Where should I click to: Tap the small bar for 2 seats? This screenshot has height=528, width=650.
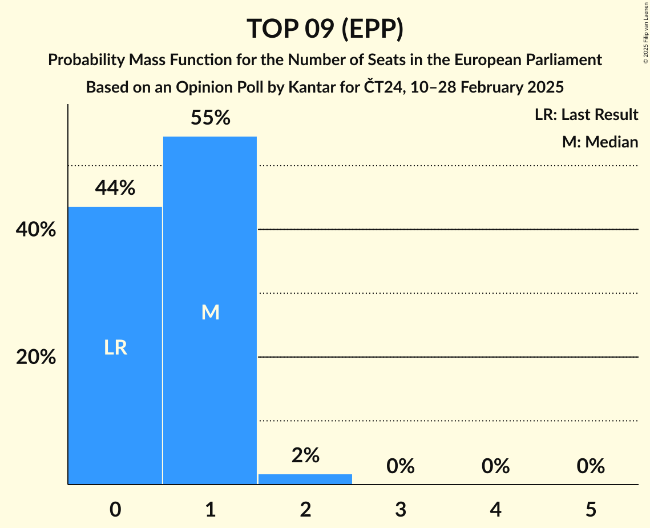pos(305,479)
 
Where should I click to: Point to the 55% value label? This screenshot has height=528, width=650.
pos(210,118)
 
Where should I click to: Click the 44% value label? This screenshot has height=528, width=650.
pos(115,188)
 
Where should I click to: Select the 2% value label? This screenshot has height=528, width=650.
pos(305,455)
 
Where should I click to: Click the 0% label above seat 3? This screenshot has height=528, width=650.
pos(400,466)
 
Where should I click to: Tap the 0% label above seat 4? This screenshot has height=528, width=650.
pos(495,466)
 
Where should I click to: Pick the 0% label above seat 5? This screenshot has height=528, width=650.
pos(590,466)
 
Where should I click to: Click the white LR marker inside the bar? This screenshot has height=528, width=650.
pos(115,347)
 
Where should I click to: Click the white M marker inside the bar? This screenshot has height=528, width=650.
pos(210,312)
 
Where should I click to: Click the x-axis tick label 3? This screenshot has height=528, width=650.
pos(400,509)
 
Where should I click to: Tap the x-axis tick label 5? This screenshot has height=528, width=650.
pos(590,509)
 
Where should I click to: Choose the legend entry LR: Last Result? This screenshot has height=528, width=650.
pos(586,115)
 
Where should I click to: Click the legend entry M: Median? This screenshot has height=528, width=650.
pos(600,142)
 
